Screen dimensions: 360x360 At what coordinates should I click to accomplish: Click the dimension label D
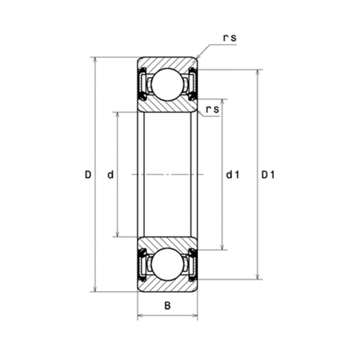coord(88,175)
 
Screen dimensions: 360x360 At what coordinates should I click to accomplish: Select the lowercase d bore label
coord(111,175)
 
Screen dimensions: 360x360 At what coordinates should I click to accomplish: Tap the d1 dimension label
coord(233,175)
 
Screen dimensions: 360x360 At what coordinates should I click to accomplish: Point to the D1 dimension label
coord(268,175)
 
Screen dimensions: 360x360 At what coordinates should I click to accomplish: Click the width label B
coord(167,306)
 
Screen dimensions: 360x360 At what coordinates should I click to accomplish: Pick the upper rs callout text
coord(229,38)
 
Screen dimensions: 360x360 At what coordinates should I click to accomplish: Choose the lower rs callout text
coord(212,109)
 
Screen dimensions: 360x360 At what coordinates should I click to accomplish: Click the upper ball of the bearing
coord(167,85)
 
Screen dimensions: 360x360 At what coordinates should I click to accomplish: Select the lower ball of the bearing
coord(167,265)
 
